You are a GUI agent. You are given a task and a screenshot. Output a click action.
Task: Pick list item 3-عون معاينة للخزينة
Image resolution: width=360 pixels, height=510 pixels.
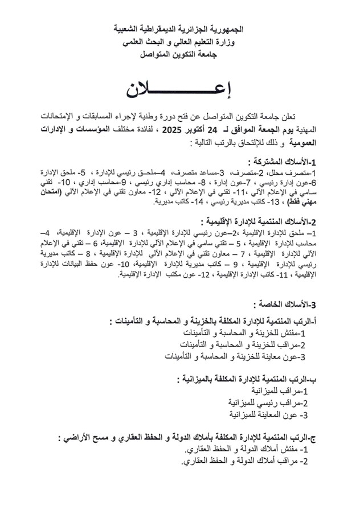(236, 356)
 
